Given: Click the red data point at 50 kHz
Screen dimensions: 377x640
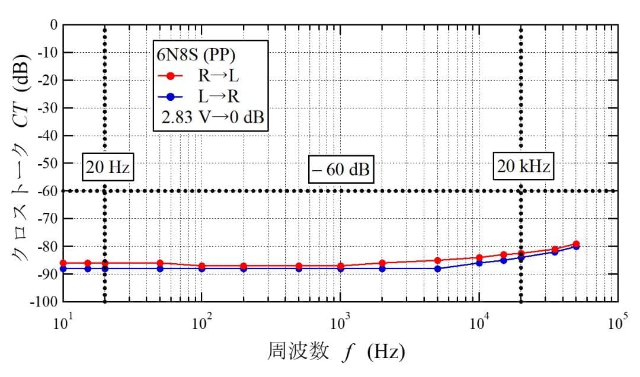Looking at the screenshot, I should tap(576, 244).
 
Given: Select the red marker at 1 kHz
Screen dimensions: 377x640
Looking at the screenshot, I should tap(340, 266).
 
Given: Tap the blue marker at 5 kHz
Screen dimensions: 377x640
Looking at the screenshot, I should tap(437, 269).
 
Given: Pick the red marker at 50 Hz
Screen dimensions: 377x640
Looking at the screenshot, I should tap(160, 263).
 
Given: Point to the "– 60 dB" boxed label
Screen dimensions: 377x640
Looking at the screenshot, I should tap(341, 170).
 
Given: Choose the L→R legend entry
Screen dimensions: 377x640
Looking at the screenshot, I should tap(201, 97).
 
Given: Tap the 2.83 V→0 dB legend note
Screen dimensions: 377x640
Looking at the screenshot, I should tap(212, 117).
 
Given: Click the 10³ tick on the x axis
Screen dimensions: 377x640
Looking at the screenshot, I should tap(340, 323).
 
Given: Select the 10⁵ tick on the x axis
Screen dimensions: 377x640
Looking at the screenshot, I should tap(616, 323).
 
